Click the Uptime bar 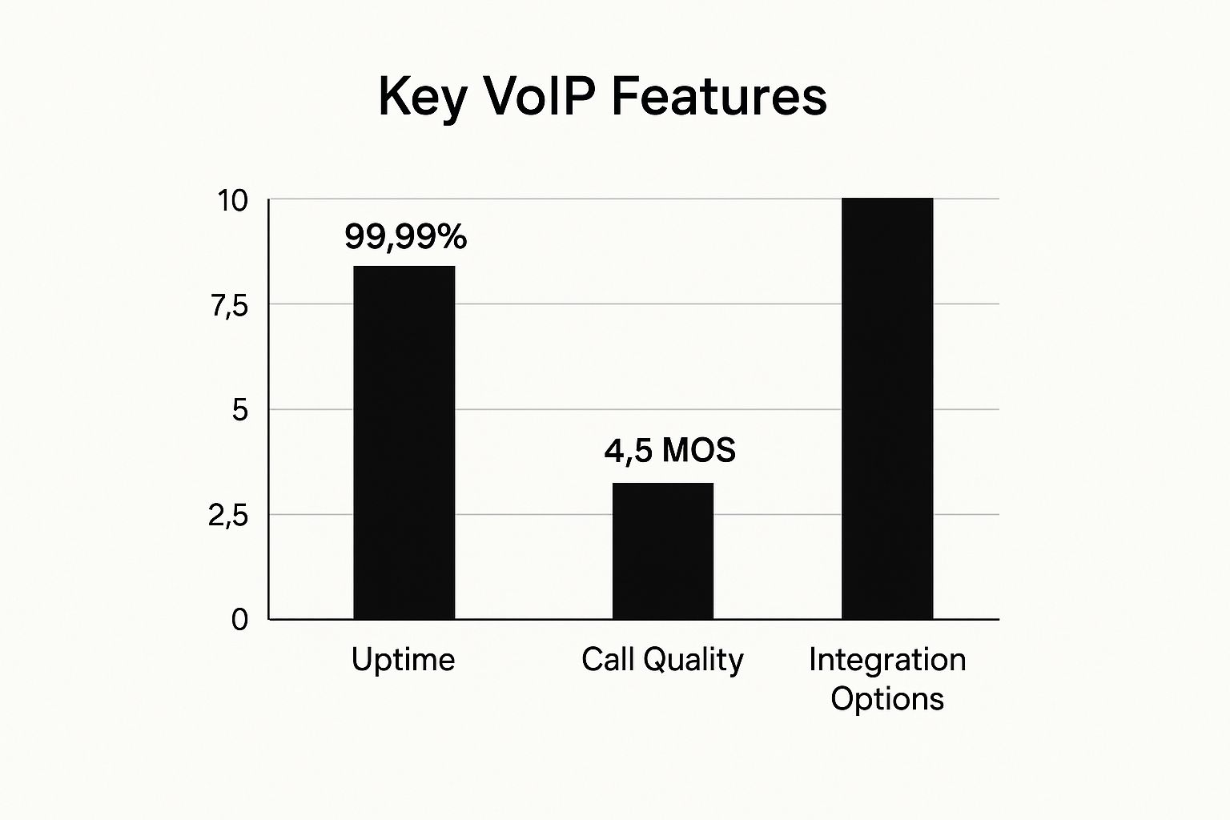[x=404, y=443]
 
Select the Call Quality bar [x=663, y=551]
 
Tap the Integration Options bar [x=887, y=408]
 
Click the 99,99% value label [x=406, y=237]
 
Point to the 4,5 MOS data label [x=670, y=450]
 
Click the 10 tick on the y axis [x=233, y=201]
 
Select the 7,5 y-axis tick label [x=229, y=307]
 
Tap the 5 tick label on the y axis [x=240, y=410]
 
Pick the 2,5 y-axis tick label [x=228, y=516]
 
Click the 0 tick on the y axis [x=239, y=620]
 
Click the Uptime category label [x=403, y=660]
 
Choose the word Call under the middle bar [x=609, y=658]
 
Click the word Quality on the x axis [x=693, y=660]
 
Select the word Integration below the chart [x=887, y=660]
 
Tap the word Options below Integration [x=887, y=700]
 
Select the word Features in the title [x=719, y=97]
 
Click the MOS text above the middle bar [x=698, y=450]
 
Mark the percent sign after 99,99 [x=453, y=236]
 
